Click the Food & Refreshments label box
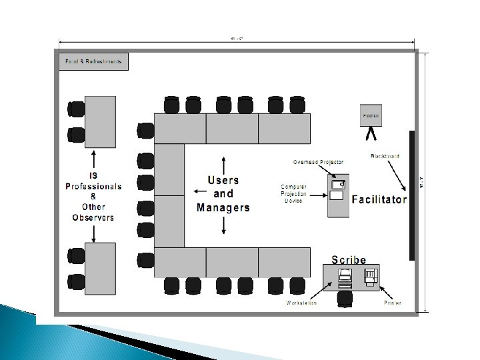tap(93, 61)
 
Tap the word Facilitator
tap(379, 199)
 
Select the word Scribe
tap(349, 261)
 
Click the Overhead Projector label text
tap(319, 162)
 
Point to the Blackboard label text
tap(385, 156)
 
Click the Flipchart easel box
tap(371, 115)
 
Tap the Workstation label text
tap(301, 303)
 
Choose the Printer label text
tap(392, 303)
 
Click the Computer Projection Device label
tap(294, 193)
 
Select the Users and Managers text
tap(223, 194)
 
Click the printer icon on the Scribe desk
tap(370, 276)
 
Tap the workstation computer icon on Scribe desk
tap(345, 276)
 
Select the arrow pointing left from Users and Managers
tap(199, 191)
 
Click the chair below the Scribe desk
tap(344, 299)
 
